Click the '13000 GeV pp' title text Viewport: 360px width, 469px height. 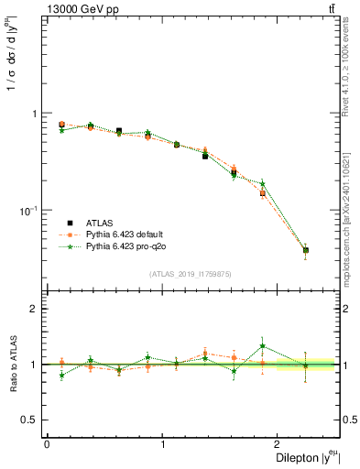80,9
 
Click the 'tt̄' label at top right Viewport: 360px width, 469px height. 331,9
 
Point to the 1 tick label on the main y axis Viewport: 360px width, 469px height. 35,114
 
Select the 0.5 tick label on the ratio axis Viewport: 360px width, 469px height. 29,420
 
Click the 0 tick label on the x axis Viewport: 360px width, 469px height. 46,443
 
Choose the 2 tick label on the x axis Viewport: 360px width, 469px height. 278,443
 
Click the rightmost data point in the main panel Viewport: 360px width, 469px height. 306,249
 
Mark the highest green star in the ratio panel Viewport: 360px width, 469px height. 262,346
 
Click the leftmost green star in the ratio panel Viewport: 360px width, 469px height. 61,376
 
